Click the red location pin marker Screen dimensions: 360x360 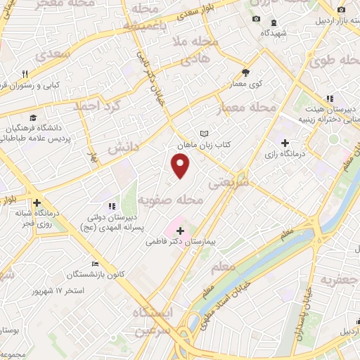pos(181,166)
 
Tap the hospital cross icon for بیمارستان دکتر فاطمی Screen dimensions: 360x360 pos(181,230)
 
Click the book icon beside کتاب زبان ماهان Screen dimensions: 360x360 pos(205,133)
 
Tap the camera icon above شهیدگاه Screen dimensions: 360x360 pos(256,19)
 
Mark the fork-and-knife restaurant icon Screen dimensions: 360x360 pos(25,75)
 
